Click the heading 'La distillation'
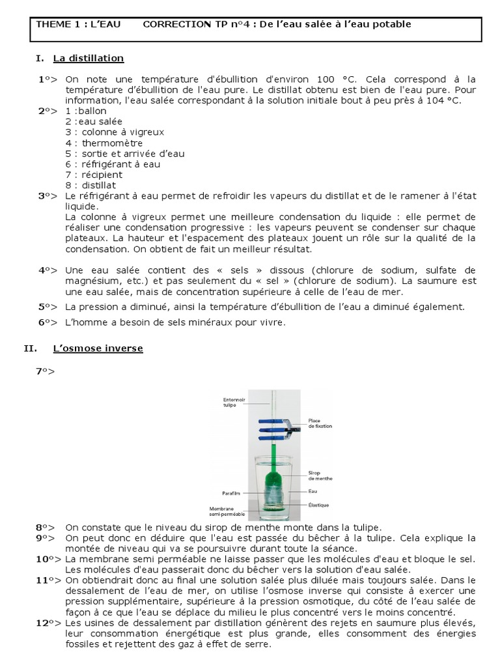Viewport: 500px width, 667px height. [x=89, y=58]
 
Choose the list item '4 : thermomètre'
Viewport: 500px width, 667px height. [x=104, y=143]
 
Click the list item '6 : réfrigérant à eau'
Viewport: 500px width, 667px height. [x=113, y=164]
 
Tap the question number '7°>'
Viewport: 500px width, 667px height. [x=45, y=371]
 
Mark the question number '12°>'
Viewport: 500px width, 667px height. [x=45, y=623]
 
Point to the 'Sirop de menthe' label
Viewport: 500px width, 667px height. [x=320, y=476]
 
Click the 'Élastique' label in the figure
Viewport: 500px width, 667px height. [x=318, y=504]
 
